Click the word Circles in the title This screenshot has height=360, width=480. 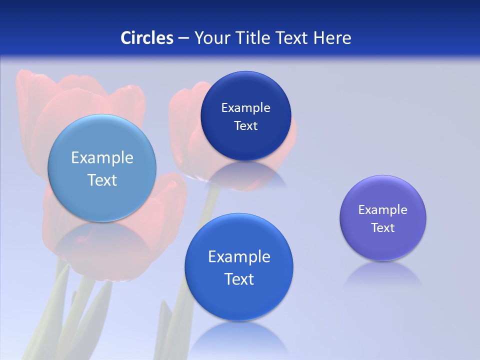146,38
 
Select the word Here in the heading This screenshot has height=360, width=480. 332,38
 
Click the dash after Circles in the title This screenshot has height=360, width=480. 183,38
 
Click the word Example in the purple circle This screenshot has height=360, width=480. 383,210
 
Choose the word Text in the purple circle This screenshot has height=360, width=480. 383,228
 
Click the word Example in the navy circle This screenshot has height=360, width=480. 245,108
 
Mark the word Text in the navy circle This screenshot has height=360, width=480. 245,126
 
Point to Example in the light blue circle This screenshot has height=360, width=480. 102,158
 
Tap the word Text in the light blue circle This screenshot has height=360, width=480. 102,180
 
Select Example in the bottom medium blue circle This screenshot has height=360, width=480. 239,257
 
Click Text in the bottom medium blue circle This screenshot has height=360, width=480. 239,279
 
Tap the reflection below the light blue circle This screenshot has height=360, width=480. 102,240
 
